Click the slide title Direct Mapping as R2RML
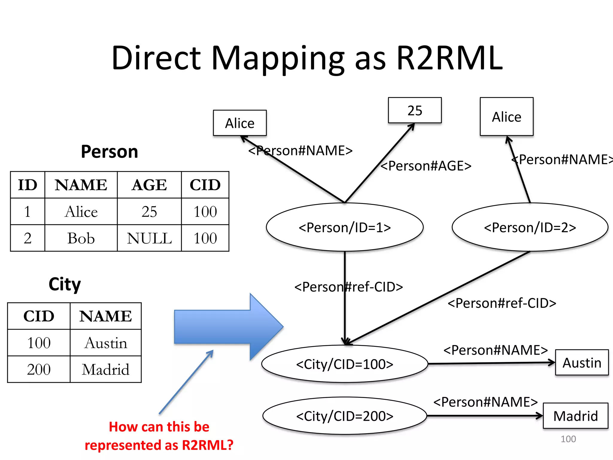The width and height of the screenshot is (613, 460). (307, 58)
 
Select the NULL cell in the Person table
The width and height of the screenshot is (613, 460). (149, 238)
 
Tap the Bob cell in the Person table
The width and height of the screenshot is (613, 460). (81, 238)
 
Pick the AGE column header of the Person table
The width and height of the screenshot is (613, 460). (149, 185)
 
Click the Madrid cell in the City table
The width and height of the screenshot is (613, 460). (106, 370)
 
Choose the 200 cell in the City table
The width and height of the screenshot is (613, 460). (39, 370)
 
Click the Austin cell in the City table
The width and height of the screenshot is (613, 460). (106, 343)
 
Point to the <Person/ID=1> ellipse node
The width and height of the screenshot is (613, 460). (345, 227)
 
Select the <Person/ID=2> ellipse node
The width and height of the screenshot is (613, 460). (530, 227)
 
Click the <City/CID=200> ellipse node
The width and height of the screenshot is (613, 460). (345, 416)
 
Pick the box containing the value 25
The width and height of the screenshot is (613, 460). (415, 110)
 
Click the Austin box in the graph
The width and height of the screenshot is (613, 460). (582, 363)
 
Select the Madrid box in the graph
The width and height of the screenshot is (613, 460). (575, 416)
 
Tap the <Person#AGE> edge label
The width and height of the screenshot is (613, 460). (426, 166)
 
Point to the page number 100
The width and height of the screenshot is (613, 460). (568, 439)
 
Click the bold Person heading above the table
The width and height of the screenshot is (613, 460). (110, 152)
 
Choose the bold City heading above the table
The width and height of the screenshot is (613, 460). (65, 284)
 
